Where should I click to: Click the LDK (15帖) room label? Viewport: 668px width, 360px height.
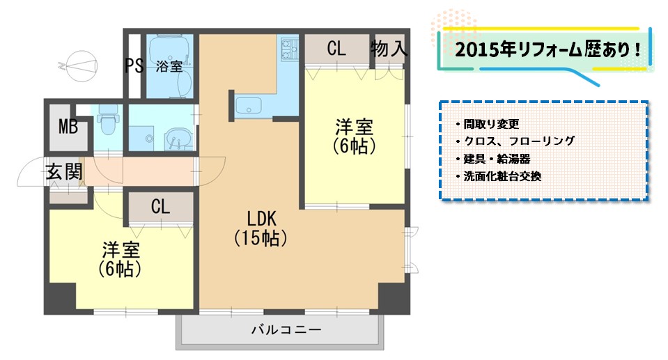tap(261, 228)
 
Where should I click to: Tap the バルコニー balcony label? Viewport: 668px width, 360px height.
tap(286, 330)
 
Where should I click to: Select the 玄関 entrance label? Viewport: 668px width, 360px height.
tap(64, 172)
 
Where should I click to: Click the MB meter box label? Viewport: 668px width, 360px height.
tap(68, 127)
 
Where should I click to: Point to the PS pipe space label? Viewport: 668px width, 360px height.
tap(134, 65)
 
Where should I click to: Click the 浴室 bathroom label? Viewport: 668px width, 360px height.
tap(169, 66)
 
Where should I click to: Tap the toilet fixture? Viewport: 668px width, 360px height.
tap(108, 120)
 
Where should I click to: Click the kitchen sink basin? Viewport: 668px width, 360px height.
tap(249, 106)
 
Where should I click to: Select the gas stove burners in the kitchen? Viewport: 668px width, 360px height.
tap(289, 49)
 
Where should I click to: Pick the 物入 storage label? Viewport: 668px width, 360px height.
tap(389, 49)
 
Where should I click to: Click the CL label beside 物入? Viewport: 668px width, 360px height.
tap(336, 49)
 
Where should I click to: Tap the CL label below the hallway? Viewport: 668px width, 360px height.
tap(160, 207)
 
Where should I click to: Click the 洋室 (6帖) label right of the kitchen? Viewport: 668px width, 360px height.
tap(354, 136)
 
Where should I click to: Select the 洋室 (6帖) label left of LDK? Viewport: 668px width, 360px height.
tap(120, 260)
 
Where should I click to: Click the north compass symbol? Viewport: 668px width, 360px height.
tap(80, 66)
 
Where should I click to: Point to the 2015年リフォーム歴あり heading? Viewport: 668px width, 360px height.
tap(548, 50)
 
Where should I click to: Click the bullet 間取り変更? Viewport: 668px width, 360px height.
tap(488, 124)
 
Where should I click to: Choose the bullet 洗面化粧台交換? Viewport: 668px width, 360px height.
tap(499, 176)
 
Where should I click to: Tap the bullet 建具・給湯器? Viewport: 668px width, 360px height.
tap(493, 159)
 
